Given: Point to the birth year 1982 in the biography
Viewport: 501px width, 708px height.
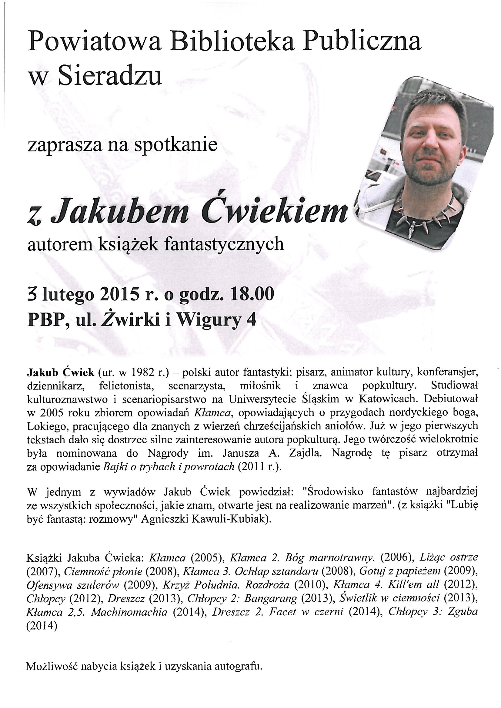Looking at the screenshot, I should tap(139, 373).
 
